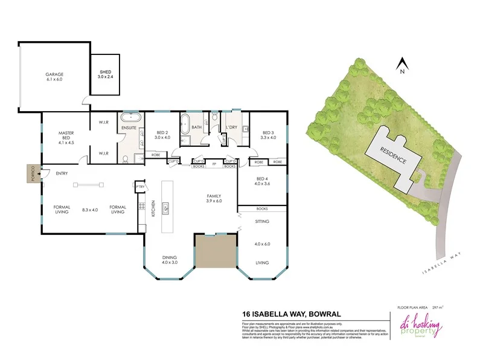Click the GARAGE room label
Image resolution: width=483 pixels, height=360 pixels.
[x=54, y=76]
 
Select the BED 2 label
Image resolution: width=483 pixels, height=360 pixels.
[x=163, y=135]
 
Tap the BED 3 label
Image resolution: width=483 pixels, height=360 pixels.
[x=267, y=135]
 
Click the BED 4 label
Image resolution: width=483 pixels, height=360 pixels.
[x=262, y=181]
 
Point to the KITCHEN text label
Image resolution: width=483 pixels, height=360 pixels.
[x=153, y=208]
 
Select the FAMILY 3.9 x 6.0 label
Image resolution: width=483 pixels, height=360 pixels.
[x=214, y=199]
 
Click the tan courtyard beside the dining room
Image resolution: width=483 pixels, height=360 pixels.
[x=214, y=252]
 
